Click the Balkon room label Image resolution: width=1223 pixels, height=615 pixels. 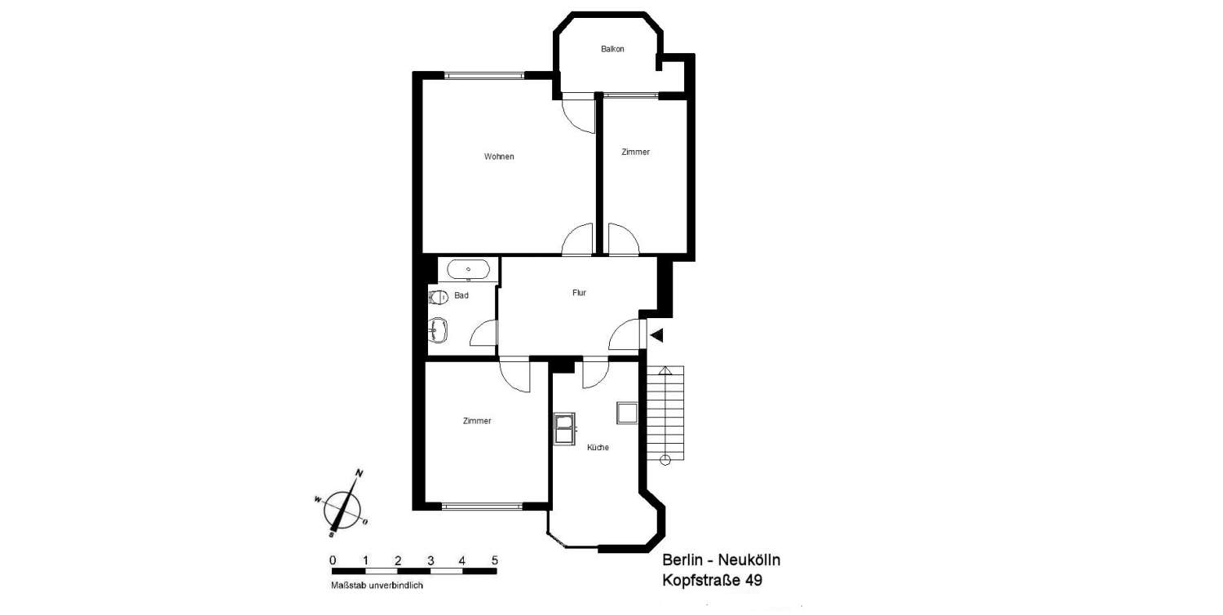pos(612,49)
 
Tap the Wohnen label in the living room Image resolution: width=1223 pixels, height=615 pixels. pos(499,157)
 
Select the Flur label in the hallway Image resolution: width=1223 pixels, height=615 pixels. pos(579,293)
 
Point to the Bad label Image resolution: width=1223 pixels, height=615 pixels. pos(461,295)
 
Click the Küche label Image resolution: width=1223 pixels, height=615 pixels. pos(598,447)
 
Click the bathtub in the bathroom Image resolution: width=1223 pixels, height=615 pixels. pos(468,269)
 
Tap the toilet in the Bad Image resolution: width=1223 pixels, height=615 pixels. pos(438,298)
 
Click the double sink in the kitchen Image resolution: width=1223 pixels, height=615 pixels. pos(564,429)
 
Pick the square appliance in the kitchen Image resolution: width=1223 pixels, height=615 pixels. pos(627,413)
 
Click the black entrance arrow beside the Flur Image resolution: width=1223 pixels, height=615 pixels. pos(656,335)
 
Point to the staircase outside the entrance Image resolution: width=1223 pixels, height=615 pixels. pos(665,416)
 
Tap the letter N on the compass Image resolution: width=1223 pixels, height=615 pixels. pos(360,473)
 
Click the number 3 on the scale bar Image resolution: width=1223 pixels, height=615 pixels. pos(430,560)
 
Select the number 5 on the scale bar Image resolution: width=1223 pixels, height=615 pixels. pos(495,560)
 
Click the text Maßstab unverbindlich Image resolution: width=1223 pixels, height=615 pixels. pos(377,586)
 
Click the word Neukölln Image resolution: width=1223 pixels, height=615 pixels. pos(748,560)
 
